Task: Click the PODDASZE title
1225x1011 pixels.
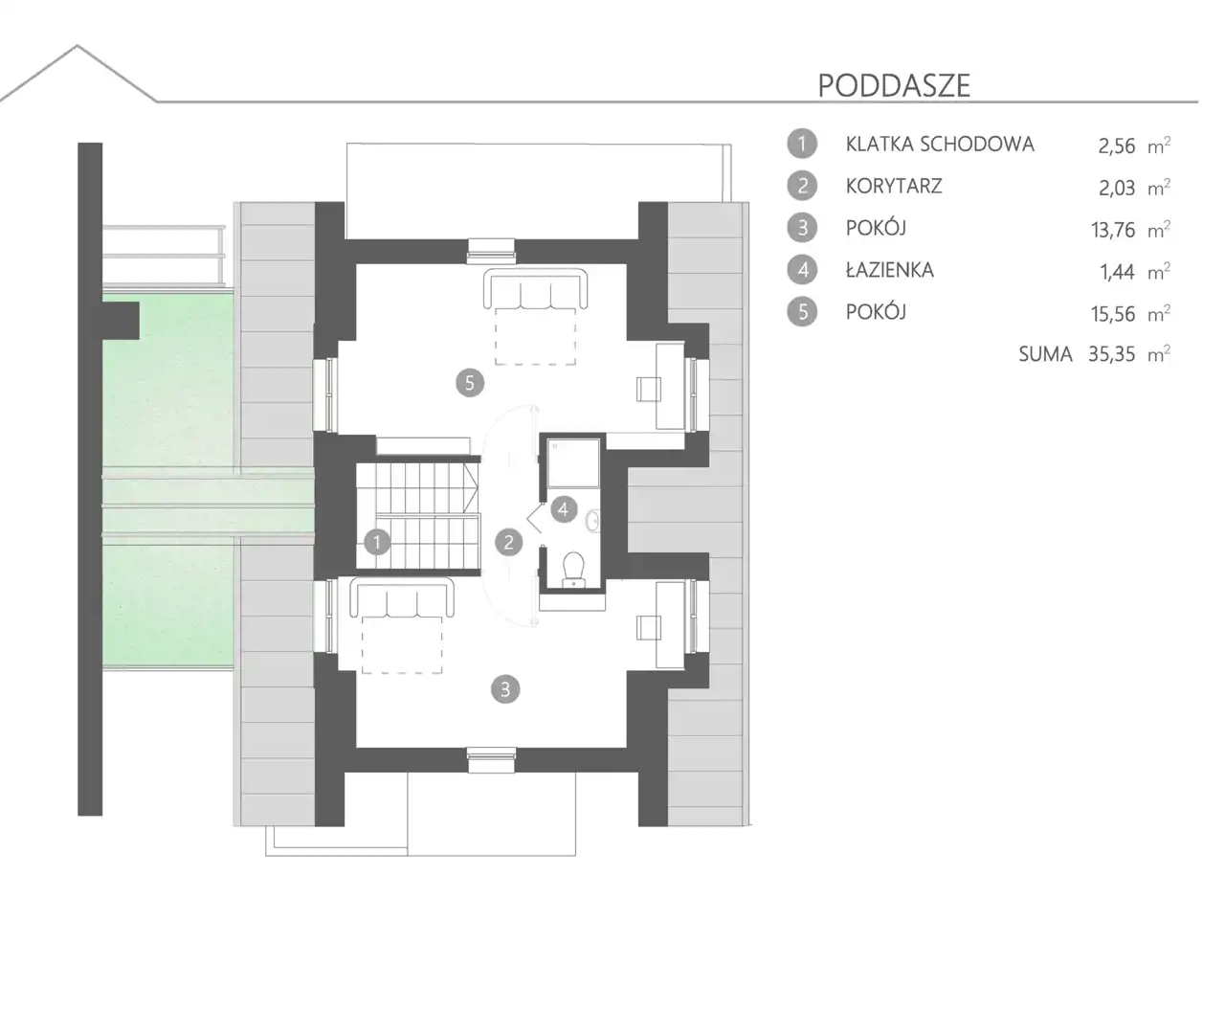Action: click(x=894, y=86)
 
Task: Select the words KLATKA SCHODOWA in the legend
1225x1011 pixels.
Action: click(x=940, y=145)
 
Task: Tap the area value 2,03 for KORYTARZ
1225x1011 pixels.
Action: click(x=1117, y=188)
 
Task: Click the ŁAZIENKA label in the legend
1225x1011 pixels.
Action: click(x=889, y=270)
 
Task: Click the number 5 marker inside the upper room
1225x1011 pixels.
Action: click(x=469, y=383)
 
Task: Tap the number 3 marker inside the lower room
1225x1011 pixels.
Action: click(x=505, y=689)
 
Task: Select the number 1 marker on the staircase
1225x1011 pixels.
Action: click(x=377, y=542)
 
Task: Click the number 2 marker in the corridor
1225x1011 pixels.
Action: click(x=508, y=542)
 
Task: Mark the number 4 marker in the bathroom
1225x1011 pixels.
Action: click(x=564, y=509)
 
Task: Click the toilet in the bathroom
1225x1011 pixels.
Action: click(x=573, y=569)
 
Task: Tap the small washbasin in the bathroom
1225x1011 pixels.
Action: click(x=592, y=520)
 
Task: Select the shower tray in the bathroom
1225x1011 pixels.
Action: click(x=573, y=462)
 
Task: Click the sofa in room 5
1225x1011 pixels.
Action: click(x=535, y=288)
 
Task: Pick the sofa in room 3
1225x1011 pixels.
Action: click(x=402, y=597)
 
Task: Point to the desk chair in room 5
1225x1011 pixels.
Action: click(x=649, y=389)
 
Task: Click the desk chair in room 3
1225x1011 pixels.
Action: click(x=649, y=627)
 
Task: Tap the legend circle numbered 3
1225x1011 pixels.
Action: click(x=802, y=228)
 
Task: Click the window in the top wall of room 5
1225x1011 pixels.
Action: click(x=491, y=251)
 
